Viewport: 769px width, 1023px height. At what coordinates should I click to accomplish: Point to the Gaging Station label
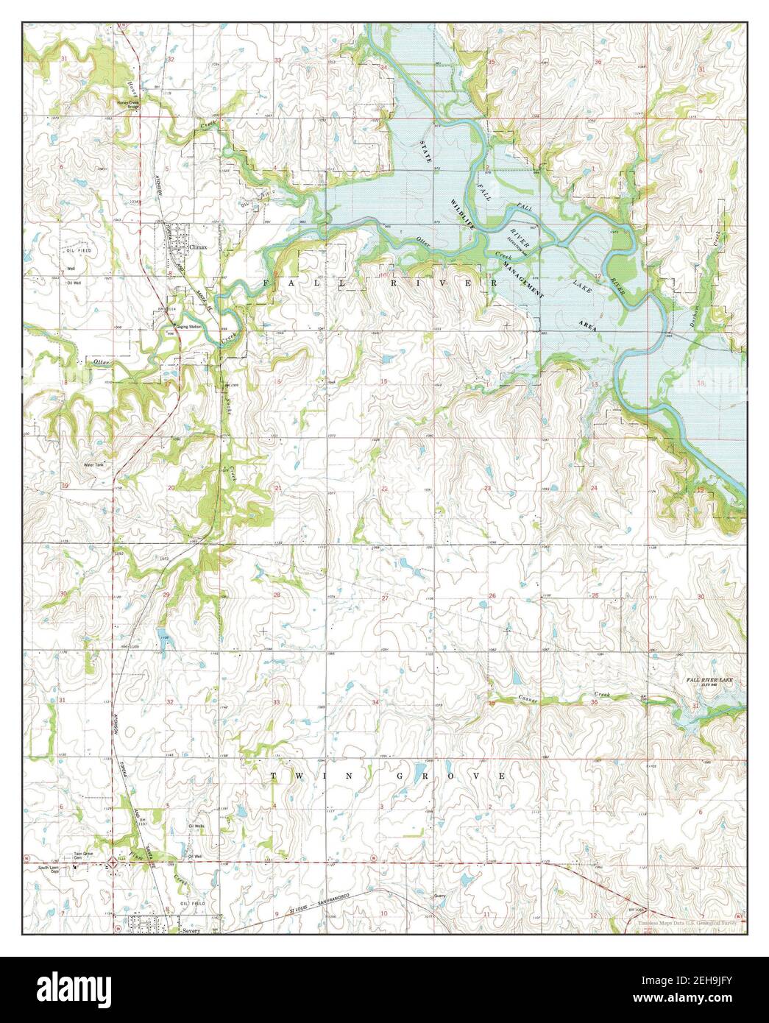188,326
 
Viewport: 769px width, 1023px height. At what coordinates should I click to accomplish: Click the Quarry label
442,896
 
